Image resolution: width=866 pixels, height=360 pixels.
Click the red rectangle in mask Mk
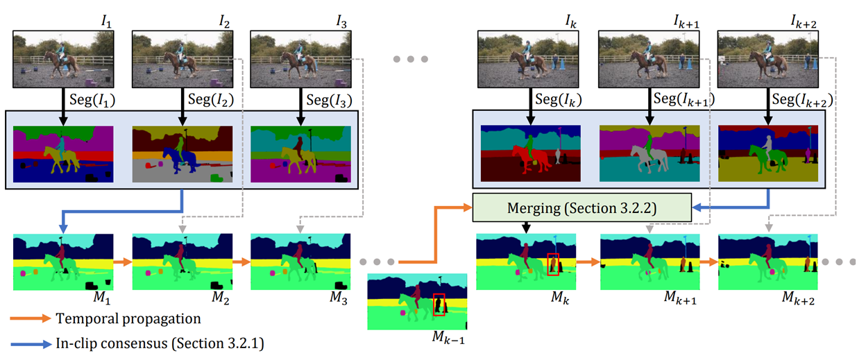pos(553,264)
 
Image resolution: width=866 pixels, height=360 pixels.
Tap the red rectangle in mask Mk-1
pos(439,305)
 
